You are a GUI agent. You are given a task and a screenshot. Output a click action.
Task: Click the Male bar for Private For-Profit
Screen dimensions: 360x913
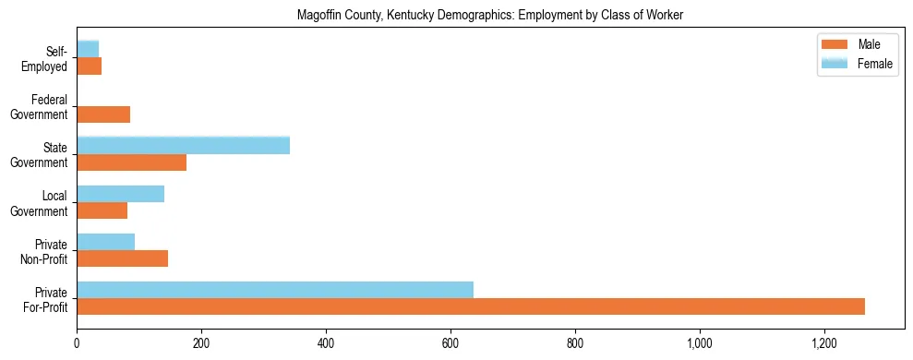(x=471, y=306)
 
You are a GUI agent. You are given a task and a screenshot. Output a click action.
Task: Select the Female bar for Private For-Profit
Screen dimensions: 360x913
(x=275, y=290)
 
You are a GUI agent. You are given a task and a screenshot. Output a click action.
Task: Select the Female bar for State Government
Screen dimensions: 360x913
(x=184, y=145)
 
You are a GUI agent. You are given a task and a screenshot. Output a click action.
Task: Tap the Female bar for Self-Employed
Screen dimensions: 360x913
(x=88, y=48)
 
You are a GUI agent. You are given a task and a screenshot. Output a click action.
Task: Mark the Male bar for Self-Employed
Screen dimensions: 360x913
(x=90, y=66)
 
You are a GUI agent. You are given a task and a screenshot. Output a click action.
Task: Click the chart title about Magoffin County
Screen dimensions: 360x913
(x=490, y=16)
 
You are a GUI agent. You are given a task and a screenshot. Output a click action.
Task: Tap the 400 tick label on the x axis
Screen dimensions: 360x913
(x=326, y=343)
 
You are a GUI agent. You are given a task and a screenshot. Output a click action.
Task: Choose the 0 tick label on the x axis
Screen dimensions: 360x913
(x=77, y=343)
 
